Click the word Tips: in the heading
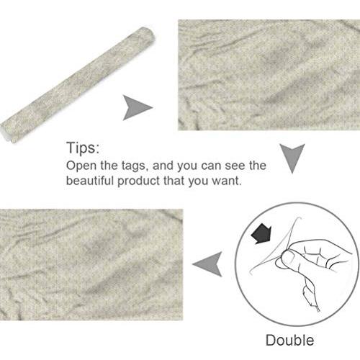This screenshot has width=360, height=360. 83,148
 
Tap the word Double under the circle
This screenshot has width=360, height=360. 289,340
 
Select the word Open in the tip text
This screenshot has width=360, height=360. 81,166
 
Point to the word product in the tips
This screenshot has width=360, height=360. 138,181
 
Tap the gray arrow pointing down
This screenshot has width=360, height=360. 292,157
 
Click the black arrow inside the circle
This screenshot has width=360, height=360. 261,233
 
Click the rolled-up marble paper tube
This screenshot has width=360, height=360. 78,85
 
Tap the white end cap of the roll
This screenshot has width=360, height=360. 5,135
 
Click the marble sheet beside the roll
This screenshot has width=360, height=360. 269,75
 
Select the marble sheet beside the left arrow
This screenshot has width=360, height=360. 91,264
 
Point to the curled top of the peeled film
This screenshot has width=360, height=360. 297,219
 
